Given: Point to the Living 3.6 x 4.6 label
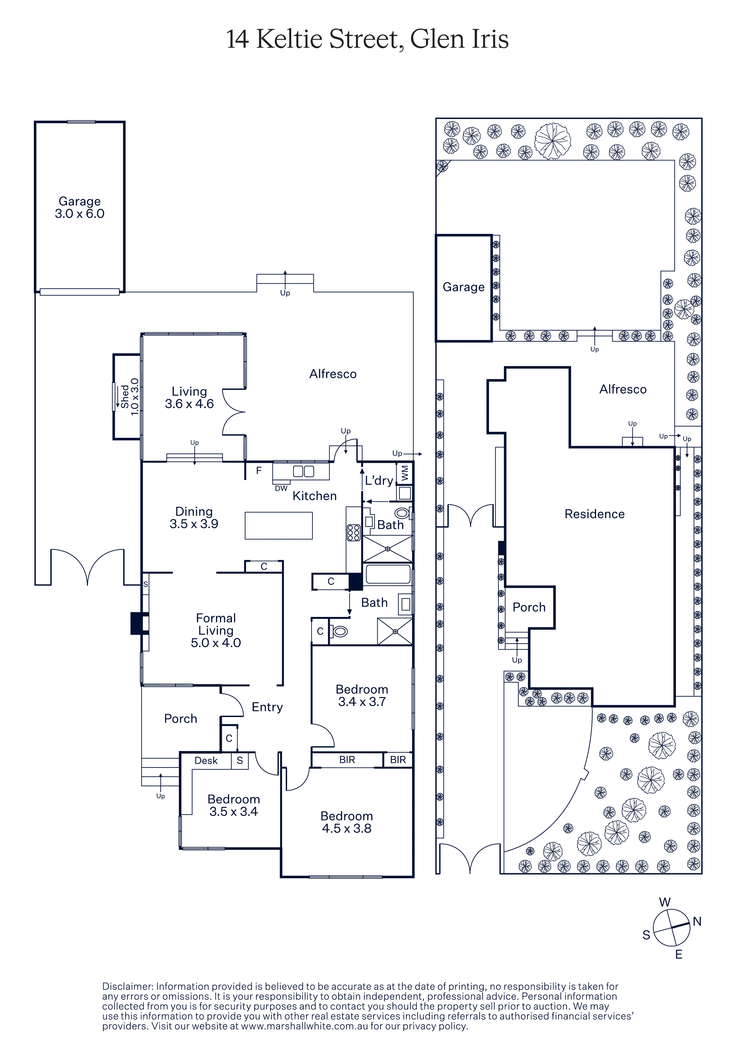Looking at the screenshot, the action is pyautogui.click(x=189, y=397).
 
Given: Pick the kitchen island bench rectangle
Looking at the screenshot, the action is pyautogui.click(x=278, y=525).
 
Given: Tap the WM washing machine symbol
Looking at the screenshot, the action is pyautogui.click(x=404, y=473).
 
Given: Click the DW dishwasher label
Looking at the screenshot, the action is pyautogui.click(x=281, y=488).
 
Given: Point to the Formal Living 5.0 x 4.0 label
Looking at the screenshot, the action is pyautogui.click(x=216, y=630).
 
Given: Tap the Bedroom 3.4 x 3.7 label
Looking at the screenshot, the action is pyautogui.click(x=362, y=695).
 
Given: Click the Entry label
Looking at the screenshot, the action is pyautogui.click(x=267, y=707).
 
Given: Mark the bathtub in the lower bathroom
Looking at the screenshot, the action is pyautogui.click(x=388, y=574).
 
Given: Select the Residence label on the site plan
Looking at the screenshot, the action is pyautogui.click(x=594, y=514).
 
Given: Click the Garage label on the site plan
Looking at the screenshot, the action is pyautogui.click(x=463, y=287).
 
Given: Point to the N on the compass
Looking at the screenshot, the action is pyautogui.click(x=697, y=921).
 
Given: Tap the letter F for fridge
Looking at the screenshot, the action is pyautogui.click(x=259, y=471).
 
